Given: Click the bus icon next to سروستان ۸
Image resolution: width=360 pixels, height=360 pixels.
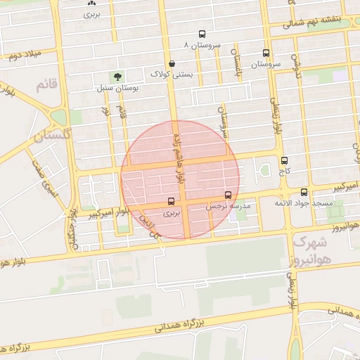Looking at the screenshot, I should pyautogui.click(x=202, y=34).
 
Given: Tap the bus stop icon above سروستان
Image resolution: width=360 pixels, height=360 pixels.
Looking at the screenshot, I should pyautogui.click(x=266, y=53).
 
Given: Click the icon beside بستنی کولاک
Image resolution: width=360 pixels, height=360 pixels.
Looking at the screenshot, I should pyautogui.click(x=172, y=63).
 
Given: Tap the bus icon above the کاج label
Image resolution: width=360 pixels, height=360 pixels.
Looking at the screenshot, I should pyautogui.click(x=284, y=160).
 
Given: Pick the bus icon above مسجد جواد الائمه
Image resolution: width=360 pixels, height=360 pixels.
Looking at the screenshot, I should pyautogui.click(x=304, y=191).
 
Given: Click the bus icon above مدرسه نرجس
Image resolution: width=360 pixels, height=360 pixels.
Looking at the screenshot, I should pyautogui.click(x=228, y=195).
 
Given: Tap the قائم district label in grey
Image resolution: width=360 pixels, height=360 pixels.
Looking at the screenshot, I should pyautogui.click(x=44, y=85).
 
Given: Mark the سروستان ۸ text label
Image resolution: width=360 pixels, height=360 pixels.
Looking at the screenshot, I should pyautogui.click(x=202, y=44).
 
